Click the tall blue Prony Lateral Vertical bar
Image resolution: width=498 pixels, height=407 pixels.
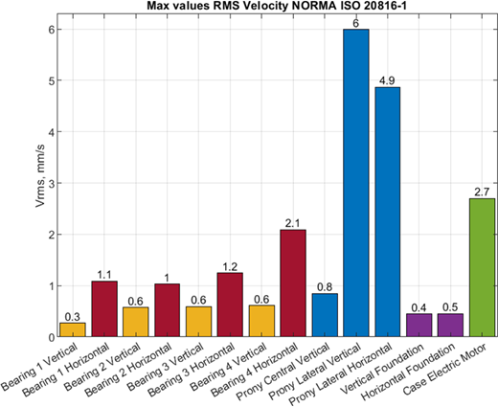coord(356,183)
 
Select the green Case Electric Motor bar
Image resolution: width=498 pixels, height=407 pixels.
coord(482,267)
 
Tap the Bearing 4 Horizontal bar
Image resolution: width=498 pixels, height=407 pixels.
coord(293,283)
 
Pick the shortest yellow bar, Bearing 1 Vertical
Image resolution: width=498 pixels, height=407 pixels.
coord(73,330)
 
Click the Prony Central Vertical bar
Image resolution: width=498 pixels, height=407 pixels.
coord(325,315)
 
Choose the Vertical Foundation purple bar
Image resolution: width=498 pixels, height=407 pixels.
coord(419,326)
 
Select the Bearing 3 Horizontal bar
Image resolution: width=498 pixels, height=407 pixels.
coord(230,305)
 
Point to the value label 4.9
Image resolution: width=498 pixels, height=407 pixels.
coord(387,81)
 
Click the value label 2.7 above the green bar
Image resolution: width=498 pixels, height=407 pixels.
coord(482,192)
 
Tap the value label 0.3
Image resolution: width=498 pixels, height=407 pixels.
coord(73,317)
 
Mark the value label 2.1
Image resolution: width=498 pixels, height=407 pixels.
coord(293,223)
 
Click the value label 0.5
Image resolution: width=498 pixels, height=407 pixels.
coord(450,307)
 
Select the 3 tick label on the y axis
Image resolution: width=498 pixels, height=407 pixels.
coord(53,183)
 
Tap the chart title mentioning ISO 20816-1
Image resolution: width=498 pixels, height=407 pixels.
coord(277,6)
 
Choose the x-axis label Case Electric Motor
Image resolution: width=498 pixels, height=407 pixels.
coord(444,369)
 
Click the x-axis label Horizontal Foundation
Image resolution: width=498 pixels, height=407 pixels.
coord(408,372)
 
